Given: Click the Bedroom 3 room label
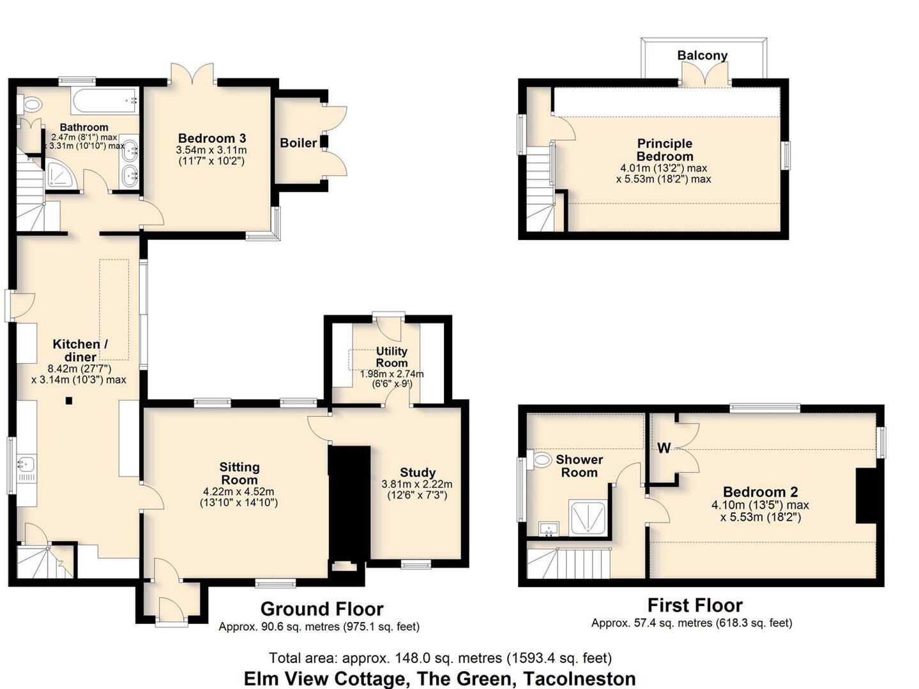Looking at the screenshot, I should click(211, 138).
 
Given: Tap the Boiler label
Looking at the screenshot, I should click(298, 143).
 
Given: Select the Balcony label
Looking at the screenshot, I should click(702, 56).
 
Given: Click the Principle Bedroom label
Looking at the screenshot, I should click(664, 150).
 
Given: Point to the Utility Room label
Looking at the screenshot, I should click(391, 357).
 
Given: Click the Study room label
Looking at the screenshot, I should click(418, 473).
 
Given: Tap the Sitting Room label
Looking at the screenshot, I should click(239, 473).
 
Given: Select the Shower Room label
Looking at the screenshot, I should click(579, 466).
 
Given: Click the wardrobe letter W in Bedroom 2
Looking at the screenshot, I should click(664, 448).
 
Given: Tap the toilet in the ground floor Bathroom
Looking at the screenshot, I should click(31, 104).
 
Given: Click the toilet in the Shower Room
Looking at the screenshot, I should click(542, 459).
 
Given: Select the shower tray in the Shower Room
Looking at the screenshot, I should click(588, 517).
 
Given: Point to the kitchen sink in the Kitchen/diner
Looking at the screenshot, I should click(27, 464).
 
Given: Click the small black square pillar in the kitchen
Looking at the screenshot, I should click(69, 401).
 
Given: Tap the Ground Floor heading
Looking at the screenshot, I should click(321, 609).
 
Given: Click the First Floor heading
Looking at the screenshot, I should click(695, 605).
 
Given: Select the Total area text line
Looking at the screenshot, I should click(440, 658).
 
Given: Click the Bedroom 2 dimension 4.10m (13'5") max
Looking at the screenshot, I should click(760, 505).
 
